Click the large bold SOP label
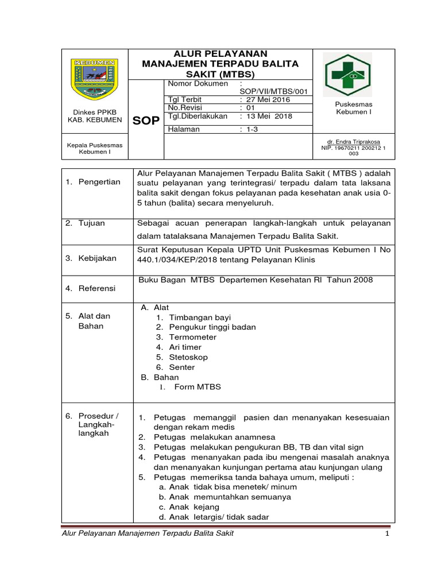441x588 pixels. click(x=146, y=121)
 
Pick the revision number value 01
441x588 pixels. click(x=250, y=107)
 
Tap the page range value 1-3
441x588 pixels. click(x=253, y=129)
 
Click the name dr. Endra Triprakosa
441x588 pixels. click(x=353, y=141)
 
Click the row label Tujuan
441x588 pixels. click(x=91, y=223)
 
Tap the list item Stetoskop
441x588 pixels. click(x=188, y=357)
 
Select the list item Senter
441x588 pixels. click(x=182, y=367)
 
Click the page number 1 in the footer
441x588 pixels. click(x=388, y=535)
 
